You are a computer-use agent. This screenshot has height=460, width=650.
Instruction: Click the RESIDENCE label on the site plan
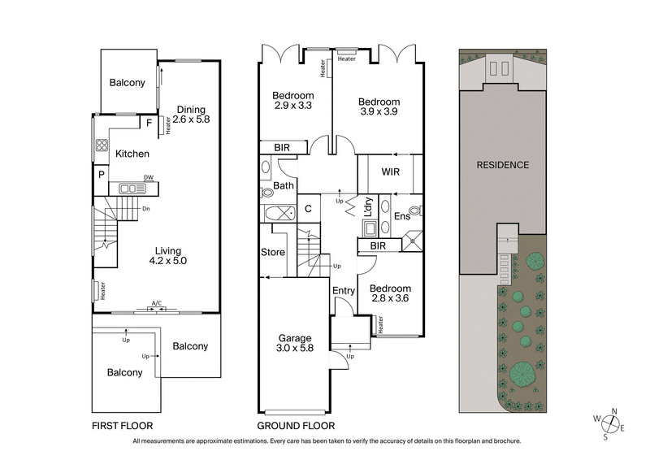502,165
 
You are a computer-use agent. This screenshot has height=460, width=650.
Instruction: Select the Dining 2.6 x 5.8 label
192,115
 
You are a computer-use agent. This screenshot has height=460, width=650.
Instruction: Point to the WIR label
387,173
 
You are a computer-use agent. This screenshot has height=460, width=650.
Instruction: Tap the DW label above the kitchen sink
149,177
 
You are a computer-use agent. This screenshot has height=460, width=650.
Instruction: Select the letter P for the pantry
102,174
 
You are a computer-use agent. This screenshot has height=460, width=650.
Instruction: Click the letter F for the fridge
149,124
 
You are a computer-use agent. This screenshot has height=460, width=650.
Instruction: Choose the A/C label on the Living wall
157,303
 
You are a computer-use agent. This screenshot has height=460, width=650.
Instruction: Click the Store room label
274,253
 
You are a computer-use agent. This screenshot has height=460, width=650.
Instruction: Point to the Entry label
343,291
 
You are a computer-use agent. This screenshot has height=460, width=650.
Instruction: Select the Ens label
401,217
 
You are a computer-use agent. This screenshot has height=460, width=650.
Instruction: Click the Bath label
283,186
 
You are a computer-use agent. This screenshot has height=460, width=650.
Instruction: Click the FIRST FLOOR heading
122,426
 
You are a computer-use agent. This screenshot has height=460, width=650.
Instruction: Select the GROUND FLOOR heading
295,426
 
